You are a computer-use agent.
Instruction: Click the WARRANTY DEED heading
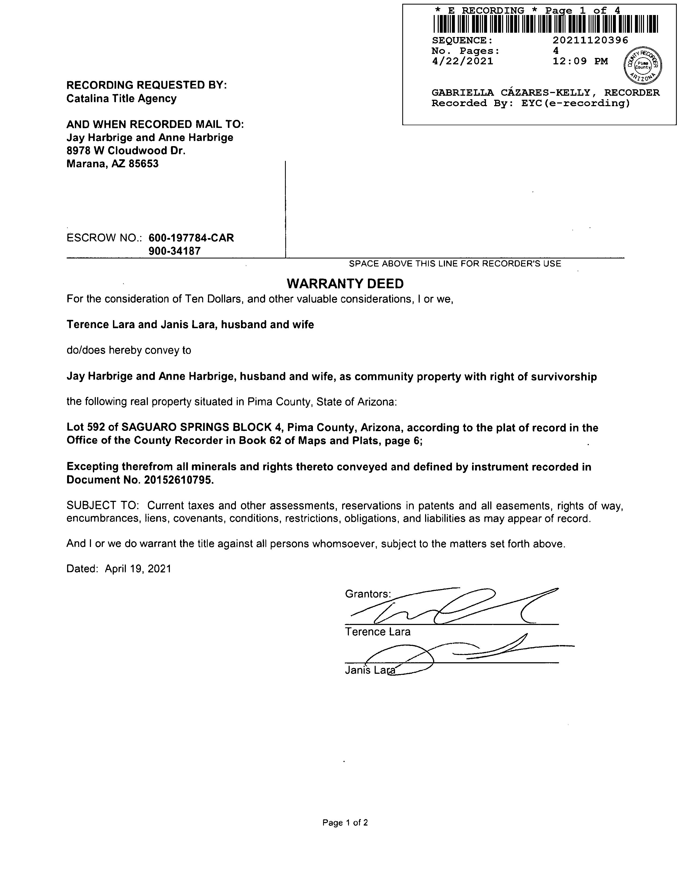pyautogui.click(x=345, y=283)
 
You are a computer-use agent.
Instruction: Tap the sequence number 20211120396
pyautogui.click(x=590, y=40)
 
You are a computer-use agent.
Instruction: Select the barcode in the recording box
pyautogui.click(x=545, y=24)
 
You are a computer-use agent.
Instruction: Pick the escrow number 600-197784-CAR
pyautogui.click(x=191, y=238)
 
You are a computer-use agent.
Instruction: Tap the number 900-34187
pyautogui.click(x=175, y=251)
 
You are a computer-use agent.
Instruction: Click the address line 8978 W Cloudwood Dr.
pyautogui.click(x=126, y=151)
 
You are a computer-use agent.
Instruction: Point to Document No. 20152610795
pyautogui.click(x=140, y=480)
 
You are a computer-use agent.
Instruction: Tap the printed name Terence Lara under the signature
pyautogui.click(x=377, y=632)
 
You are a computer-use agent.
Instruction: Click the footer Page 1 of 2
pyautogui.click(x=345, y=823)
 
